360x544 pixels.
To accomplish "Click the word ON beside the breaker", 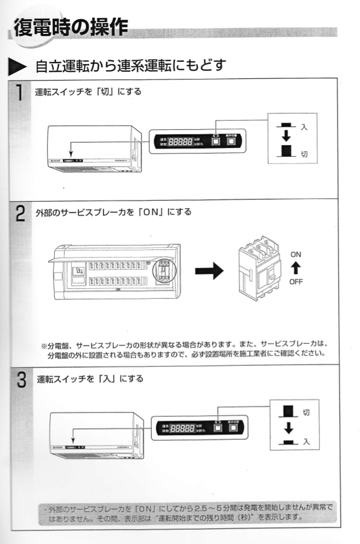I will tap(295, 254).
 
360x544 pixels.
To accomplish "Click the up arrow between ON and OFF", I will tap(295, 268).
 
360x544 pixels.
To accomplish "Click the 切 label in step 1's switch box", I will tap(304, 154).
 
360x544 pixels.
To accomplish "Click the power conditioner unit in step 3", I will tap(96, 437).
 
